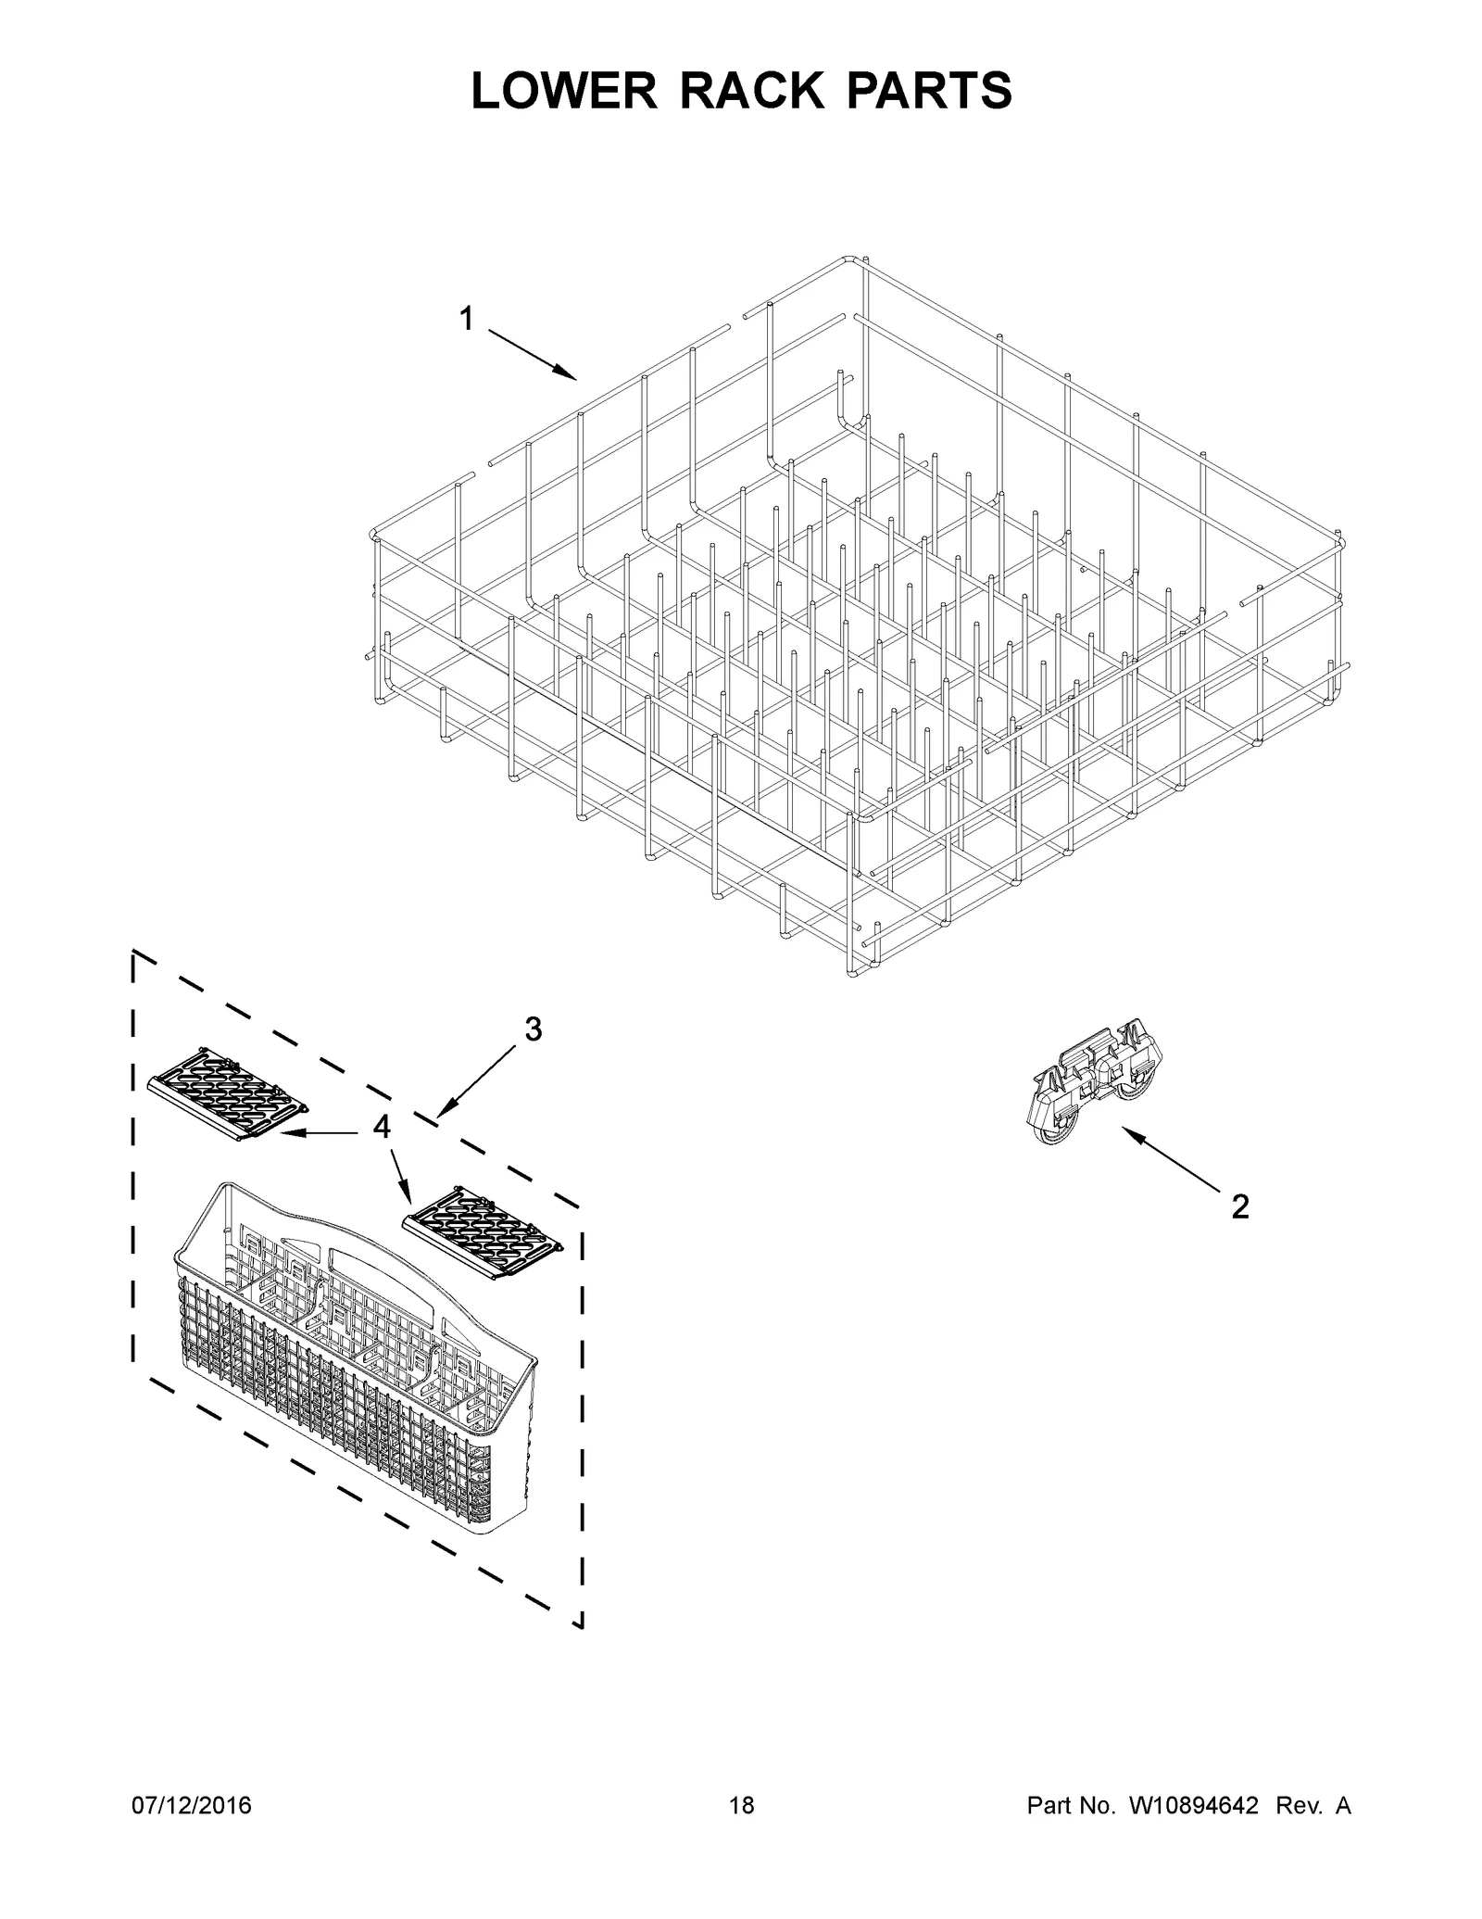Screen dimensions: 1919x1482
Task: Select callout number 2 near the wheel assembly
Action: tap(1239, 1206)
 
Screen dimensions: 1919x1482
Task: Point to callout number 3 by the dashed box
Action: tap(534, 1029)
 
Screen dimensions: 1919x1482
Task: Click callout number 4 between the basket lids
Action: tap(382, 1127)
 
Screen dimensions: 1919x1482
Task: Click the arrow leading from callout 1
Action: tap(532, 354)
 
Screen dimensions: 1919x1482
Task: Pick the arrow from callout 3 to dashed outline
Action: tap(478, 1079)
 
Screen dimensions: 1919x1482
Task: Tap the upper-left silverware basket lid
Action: tap(228, 1093)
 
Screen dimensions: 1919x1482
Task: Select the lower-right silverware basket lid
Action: tap(483, 1232)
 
